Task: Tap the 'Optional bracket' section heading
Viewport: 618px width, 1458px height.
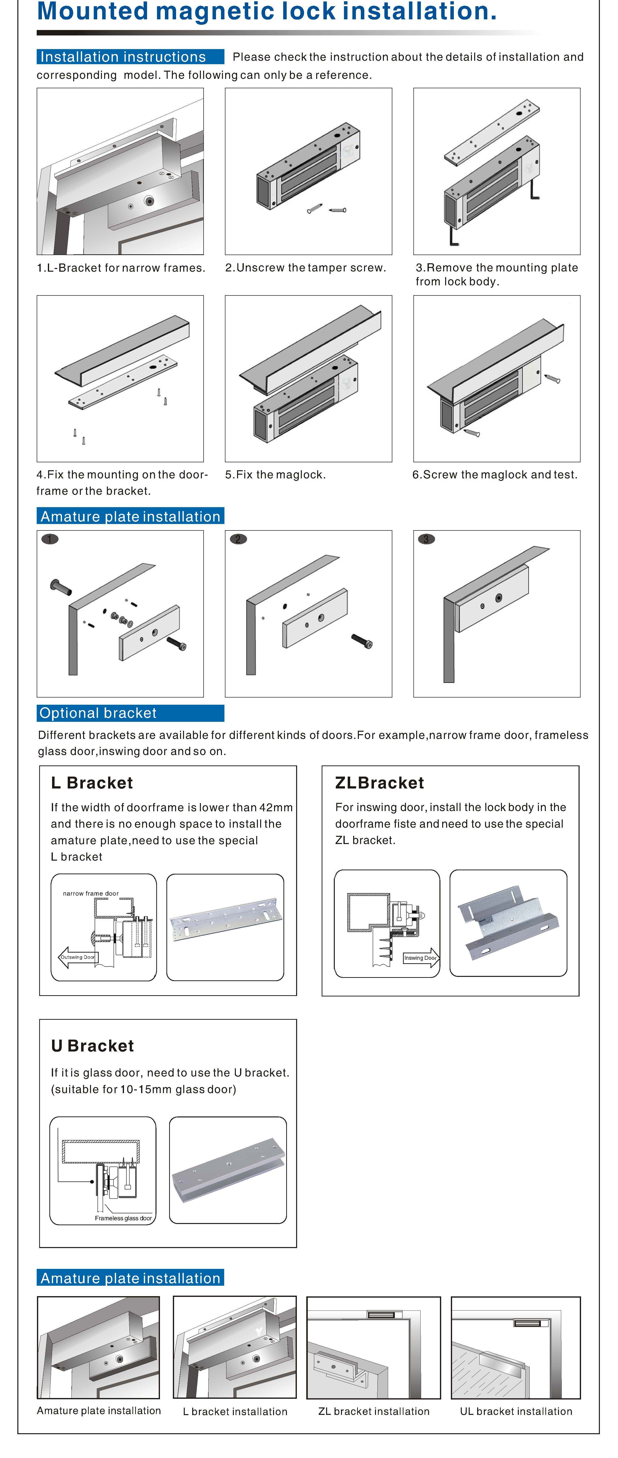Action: [98, 713]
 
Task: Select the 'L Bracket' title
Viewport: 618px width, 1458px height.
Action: [92, 783]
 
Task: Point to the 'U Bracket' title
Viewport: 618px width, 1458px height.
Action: [92, 1045]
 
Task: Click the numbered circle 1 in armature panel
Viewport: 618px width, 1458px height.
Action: [50, 539]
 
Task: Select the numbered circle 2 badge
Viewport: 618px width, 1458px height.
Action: [238, 539]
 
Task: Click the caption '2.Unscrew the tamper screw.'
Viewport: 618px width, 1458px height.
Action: [305, 268]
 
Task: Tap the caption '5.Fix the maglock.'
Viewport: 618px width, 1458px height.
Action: [275, 474]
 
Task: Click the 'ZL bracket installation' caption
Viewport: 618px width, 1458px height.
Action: [374, 1411]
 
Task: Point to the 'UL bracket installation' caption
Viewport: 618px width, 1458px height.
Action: [516, 1411]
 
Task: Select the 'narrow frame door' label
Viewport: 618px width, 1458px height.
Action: [91, 893]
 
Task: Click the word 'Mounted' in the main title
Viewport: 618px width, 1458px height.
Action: [92, 11]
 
